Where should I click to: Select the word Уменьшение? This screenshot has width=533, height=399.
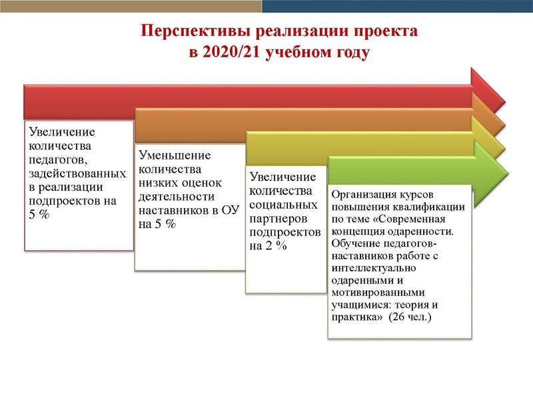[175, 156]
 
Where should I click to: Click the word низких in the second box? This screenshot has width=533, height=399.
[161, 184]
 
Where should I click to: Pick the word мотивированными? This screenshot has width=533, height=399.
[370, 290]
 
